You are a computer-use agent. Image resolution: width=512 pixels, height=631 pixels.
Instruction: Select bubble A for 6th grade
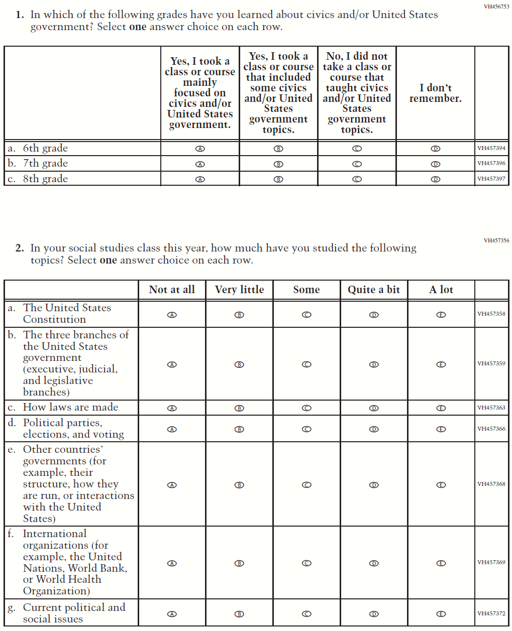click(x=200, y=149)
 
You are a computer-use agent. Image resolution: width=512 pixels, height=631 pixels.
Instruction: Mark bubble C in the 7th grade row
click(x=357, y=164)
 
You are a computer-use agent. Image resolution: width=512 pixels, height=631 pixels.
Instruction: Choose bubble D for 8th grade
click(x=436, y=179)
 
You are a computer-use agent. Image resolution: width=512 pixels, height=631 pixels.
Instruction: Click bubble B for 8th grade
click(x=278, y=179)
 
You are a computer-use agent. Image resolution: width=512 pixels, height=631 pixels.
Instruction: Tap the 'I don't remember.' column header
click(x=435, y=93)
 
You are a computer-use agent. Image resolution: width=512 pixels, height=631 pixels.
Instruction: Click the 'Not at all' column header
click(x=172, y=290)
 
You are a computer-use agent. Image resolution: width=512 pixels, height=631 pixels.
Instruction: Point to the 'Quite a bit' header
click(x=374, y=290)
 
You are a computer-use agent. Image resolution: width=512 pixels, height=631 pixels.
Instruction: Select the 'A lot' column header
click(x=441, y=290)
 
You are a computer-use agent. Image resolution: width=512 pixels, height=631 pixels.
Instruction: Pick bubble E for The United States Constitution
click(x=441, y=315)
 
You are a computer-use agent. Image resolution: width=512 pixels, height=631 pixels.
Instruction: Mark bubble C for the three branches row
click(x=306, y=364)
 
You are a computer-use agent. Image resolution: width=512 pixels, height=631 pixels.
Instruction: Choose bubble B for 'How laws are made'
click(x=239, y=408)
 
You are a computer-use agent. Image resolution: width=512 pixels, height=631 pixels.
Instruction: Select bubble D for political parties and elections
click(x=374, y=429)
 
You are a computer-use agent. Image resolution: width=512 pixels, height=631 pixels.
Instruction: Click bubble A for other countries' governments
click(x=172, y=485)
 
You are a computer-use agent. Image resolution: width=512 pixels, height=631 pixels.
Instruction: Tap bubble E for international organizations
click(x=441, y=563)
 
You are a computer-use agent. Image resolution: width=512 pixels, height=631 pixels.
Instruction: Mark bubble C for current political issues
click(x=306, y=614)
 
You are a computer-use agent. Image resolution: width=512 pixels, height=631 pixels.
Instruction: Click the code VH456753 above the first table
click(x=496, y=7)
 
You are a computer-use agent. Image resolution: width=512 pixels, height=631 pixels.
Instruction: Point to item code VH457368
click(x=491, y=484)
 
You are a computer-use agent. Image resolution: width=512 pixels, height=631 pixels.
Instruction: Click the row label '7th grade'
click(x=45, y=164)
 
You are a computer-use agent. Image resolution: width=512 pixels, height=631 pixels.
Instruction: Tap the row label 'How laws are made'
click(x=70, y=407)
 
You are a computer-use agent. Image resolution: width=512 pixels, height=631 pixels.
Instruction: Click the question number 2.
click(x=20, y=248)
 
